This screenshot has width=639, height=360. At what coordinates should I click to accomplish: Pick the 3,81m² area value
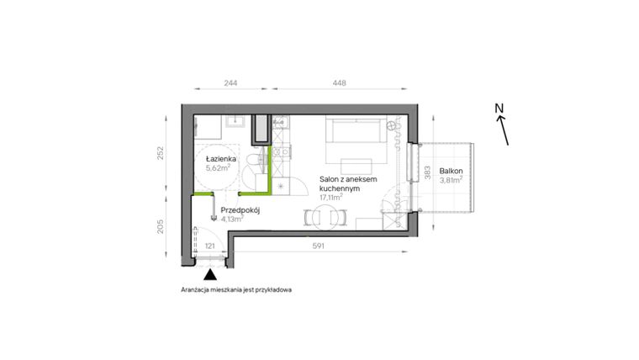[x=452, y=179]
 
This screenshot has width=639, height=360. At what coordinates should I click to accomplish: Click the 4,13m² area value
[x=231, y=220]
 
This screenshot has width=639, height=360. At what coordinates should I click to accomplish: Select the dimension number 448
[x=340, y=83]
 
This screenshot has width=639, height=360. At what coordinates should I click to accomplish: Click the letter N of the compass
[x=499, y=108]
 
